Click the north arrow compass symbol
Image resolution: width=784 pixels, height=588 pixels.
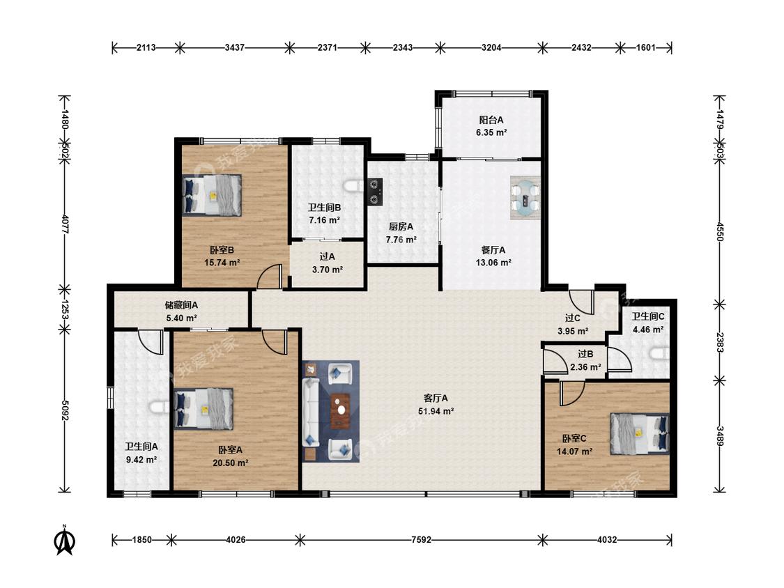click(x=65, y=540)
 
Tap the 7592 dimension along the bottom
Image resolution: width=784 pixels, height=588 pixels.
click(x=421, y=540)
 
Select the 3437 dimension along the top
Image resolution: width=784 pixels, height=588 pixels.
click(x=234, y=47)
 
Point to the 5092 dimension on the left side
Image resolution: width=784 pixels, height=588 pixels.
click(x=65, y=410)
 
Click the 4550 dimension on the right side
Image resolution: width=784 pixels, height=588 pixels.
click(x=719, y=231)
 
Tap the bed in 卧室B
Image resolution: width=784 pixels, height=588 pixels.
click(x=212, y=194)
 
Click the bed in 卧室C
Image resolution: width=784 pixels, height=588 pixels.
click(x=640, y=433)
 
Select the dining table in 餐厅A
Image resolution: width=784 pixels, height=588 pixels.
click(x=525, y=198)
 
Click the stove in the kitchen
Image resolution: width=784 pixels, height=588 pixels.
click(x=375, y=192)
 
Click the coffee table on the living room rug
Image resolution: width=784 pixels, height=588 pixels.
click(x=341, y=411)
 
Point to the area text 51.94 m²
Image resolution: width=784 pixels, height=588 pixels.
click(x=436, y=412)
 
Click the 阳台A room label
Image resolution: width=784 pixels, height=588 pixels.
click(x=491, y=120)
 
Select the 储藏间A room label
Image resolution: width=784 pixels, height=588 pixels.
click(x=181, y=305)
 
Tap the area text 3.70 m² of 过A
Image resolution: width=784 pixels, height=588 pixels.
click(x=328, y=270)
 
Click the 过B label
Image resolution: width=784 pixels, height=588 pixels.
click(x=585, y=354)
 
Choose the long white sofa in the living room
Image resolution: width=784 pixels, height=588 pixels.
click(x=311, y=412)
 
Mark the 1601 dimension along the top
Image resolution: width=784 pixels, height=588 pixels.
click(x=645, y=47)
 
